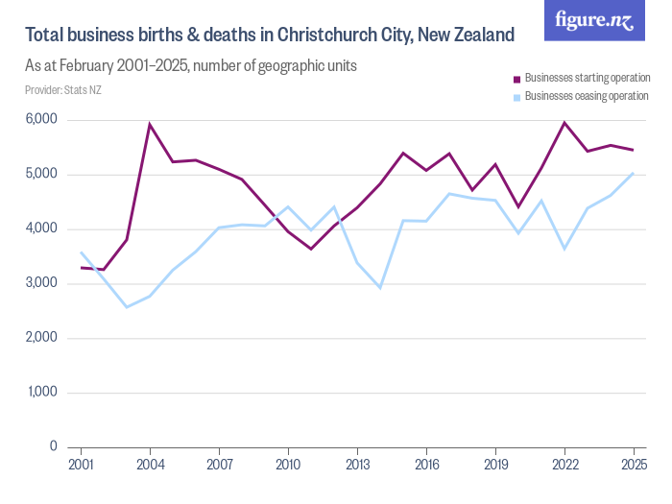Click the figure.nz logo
coord(594,20)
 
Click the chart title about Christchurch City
coord(269,36)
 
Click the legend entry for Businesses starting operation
coord(581,78)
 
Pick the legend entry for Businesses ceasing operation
coord(581,96)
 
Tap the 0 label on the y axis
coord(54,447)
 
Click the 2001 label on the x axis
coord(81,466)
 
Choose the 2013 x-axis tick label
coord(357,466)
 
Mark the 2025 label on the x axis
coord(634,466)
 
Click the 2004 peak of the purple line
coord(150,124)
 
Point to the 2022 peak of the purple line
coord(564,123)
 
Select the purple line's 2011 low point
coord(311,249)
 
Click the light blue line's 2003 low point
coord(127,307)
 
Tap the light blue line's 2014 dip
coord(380,288)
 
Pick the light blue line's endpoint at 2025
coord(634,173)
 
